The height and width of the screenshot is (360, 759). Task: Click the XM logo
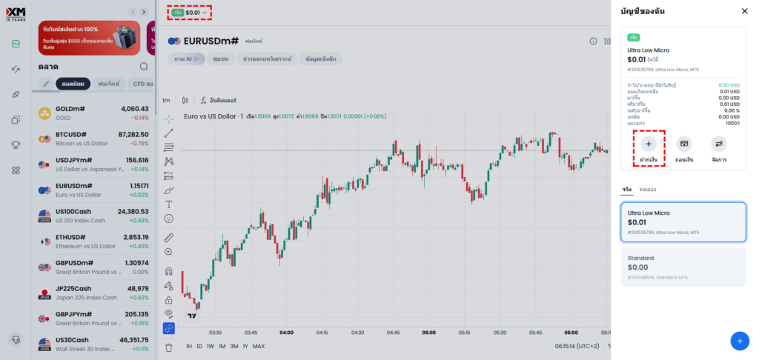point(15,13)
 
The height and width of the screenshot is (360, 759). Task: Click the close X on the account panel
point(744,11)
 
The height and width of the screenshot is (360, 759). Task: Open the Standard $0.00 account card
point(683,267)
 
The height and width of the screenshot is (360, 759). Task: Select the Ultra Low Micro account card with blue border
point(683,221)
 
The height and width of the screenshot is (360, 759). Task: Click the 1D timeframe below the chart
point(199,346)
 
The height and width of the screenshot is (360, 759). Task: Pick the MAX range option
point(259,346)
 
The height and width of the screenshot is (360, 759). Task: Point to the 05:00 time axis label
point(428,333)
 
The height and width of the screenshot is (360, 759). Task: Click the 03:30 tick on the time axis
point(216,333)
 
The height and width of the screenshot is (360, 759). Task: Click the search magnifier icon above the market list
point(144,67)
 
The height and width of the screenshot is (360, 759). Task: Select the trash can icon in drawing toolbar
point(169,347)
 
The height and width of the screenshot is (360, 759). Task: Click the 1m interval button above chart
point(166,100)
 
